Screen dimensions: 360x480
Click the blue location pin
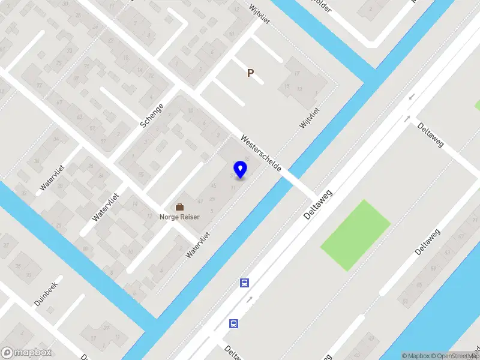(240, 169)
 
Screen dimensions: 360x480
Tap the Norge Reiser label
(179, 217)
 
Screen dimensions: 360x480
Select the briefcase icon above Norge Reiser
(179, 207)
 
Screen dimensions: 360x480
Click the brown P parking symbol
(250, 73)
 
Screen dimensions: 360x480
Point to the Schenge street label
(152, 115)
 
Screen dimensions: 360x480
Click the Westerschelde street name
(261, 154)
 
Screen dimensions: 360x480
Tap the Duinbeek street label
(46, 294)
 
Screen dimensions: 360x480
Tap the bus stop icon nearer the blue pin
(245, 283)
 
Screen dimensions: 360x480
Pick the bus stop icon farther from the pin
(233, 323)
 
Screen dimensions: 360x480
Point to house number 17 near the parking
(297, 73)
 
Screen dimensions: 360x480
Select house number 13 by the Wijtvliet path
(299, 89)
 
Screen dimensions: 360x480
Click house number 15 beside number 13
(287, 87)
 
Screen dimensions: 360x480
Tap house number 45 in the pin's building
(214, 185)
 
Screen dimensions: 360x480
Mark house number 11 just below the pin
(233, 187)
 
